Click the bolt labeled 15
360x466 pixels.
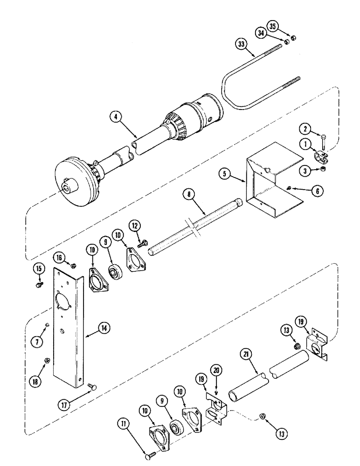coord(40,283)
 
